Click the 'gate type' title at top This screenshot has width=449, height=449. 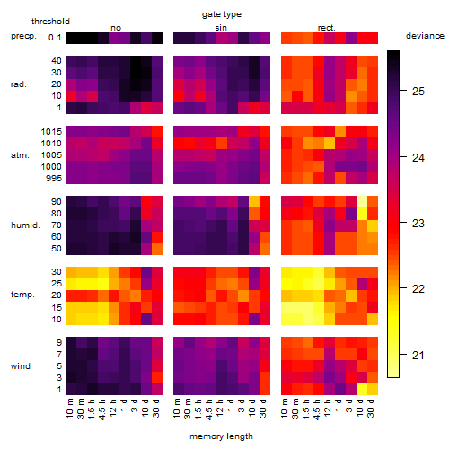point(222,14)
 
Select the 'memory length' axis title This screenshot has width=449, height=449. point(221,436)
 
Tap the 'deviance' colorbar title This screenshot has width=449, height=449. point(425,36)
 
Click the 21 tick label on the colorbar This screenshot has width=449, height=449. point(418,356)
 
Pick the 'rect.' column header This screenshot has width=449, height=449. point(327,28)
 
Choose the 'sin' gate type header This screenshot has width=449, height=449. point(221,28)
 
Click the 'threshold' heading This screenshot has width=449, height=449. point(50,22)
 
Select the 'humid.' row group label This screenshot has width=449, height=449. point(25,225)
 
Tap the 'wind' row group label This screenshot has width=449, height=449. point(21,366)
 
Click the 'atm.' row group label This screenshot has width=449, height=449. point(20,155)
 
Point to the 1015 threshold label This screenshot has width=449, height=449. point(51,132)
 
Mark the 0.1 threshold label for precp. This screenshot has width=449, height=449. point(55,38)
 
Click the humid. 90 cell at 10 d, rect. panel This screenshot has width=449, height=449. point(362,202)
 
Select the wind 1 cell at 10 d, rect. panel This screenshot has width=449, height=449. point(362,389)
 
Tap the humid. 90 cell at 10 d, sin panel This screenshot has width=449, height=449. point(254,202)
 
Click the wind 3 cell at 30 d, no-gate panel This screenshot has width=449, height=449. point(157,377)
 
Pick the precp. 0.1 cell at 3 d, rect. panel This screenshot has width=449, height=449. point(351,38)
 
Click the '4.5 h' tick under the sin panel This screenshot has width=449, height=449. point(209,409)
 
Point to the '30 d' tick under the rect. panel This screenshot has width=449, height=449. point(371,408)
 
